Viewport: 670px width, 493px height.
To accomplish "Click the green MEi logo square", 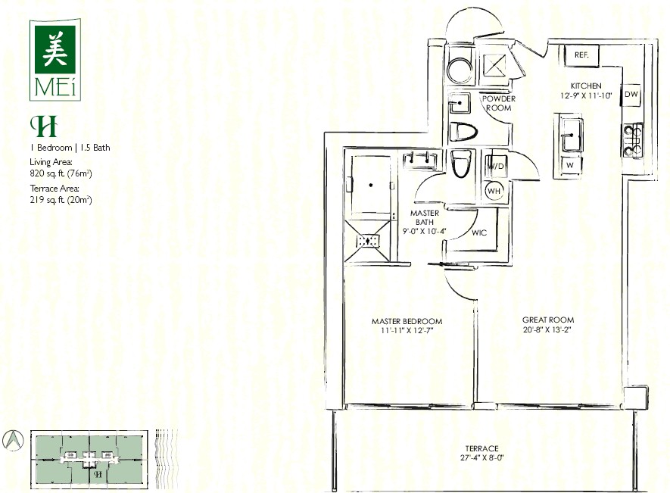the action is [x=55, y=49].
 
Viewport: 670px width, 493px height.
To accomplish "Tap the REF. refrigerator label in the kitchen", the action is [x=581, y=55].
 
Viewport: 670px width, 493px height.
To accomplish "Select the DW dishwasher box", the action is [x=631, y=94].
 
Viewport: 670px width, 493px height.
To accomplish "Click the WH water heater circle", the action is [x=494, y=191].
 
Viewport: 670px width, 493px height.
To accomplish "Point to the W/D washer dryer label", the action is [x=496, y=166].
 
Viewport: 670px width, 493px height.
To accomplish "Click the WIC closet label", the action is [x=479, y=232].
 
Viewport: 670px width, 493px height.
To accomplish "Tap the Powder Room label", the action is [x=499, y=103].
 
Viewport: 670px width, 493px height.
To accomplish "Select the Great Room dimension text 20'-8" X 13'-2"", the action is [x=547, y=329].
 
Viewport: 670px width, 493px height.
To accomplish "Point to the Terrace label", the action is [x=481, y=448].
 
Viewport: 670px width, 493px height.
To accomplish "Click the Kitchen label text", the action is [x=586, y=86].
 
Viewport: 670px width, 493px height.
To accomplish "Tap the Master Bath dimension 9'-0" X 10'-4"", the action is [x=424, y=231].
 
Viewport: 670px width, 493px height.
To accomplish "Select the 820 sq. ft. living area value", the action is [x=61, y=173].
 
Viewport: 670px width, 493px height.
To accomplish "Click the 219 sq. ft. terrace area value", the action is [x=61, y=200].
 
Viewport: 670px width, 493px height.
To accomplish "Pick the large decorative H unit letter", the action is [x=43, y=126].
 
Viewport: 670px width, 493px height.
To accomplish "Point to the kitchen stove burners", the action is [x=633, y=140].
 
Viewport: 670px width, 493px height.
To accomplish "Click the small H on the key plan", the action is [x=98, y=474].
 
